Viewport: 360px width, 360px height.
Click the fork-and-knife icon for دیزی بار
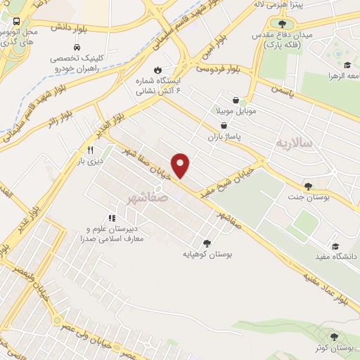(x=90, y=150)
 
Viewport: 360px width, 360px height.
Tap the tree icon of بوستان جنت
(x=308, y=186)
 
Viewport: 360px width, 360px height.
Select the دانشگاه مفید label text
(x=337, y=257)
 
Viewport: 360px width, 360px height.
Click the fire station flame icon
(x=157, y=69)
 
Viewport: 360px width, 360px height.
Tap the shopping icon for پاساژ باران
(x=223, y=125)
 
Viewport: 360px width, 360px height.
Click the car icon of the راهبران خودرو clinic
(x=65, y=48)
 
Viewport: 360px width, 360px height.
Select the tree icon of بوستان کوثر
(x=342, y=337)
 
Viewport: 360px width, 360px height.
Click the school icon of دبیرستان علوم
(x=111, y=219)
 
